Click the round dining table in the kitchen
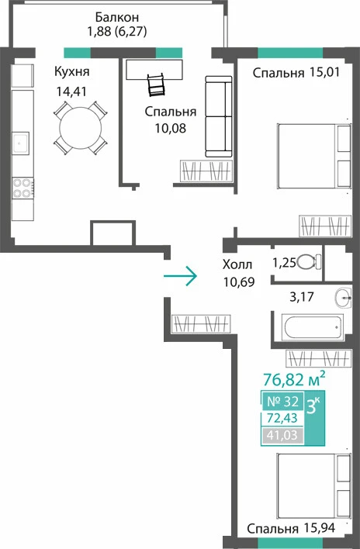click(x=81, y=128)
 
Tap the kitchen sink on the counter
click(x=21, y=143)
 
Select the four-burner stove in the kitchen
click(x=22, y=188)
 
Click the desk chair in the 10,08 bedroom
click(x=155, y=85)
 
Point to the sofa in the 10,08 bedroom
click(x=219, y=116)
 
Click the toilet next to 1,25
click(x=309, y=261)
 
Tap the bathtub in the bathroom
click(x=313, y=327)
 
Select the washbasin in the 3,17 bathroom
click(x=343, y=299)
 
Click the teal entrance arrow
click(x=180, y=276)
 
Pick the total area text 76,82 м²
click(x=294, y=378)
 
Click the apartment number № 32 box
click(x=283, y=401)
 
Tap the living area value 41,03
click(x=282, y=435)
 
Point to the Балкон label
click(x=117, y=17)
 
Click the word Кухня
click(x=72, y=71)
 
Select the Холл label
click(x=237, y=264)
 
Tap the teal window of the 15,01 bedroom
click(x=290, y=53)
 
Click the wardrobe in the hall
click(x=201, y=324)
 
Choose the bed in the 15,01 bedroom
click(x=314, y=156)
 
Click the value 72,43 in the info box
click(x=282, y=418)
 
